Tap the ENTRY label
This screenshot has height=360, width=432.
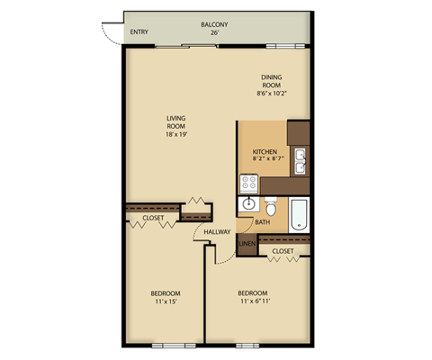pos(139,33)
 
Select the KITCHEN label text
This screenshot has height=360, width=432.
pos(265,151)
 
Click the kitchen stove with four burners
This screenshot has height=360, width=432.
pos(249,183)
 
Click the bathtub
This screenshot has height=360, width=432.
pos(299,211)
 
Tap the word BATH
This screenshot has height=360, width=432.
pos(262,222)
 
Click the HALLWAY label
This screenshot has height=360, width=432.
pos(218,232)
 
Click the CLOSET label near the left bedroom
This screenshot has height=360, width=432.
pos(153,218)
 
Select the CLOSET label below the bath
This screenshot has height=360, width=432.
pos(283,251)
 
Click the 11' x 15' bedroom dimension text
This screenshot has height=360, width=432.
pos(165,301)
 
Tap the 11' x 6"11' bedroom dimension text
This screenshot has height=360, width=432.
pos(253,301)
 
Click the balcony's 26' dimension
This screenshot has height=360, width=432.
pos(214,33)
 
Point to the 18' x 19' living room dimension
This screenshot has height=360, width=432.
pos(175,135)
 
